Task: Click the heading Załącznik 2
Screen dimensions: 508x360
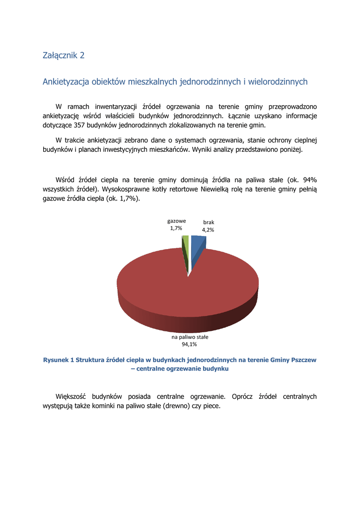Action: tap(64, 55)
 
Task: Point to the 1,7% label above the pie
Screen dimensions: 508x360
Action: tap(176, 228)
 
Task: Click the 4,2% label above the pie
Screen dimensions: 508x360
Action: tap(208, 230)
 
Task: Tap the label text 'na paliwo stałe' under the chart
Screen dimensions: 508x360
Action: tap(189, 337)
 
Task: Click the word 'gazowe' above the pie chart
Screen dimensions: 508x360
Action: tap(177, 221)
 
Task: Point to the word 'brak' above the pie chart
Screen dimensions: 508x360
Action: tap(209, 223)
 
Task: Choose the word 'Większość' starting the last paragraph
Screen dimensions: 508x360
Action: tap(71, 397)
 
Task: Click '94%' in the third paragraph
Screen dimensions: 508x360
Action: tap(309, 180)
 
